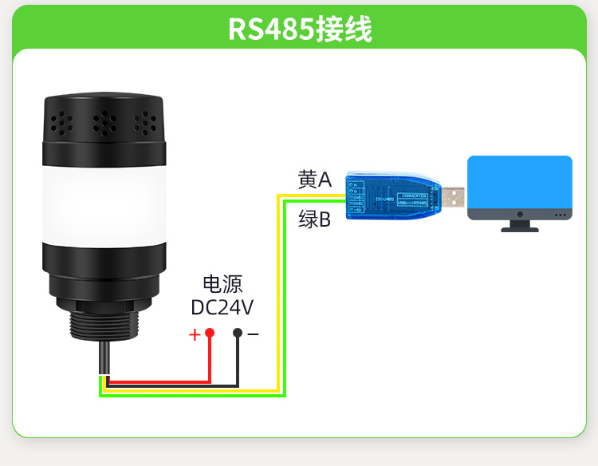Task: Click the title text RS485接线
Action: (x=300, y=28)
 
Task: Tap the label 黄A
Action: (x=314, y=180)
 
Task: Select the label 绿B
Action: (x=314, y=219)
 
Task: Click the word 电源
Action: (x=222, y=284)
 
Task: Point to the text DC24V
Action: (x=222, y=308)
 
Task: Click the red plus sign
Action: (x=195, y=334)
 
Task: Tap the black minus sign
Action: (x=253, y=334)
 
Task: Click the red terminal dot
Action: (x=210, y=333)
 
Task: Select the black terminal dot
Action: (x=238, y=333)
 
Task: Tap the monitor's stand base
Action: (x=519, y=228)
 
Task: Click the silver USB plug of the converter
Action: (x=453, y=197)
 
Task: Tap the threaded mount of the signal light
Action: (x=104, y=322)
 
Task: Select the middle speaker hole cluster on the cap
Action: (x=104, y=123)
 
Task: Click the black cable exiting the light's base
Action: (x=104, y=359)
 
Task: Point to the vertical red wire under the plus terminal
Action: (x=210, y=359)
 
